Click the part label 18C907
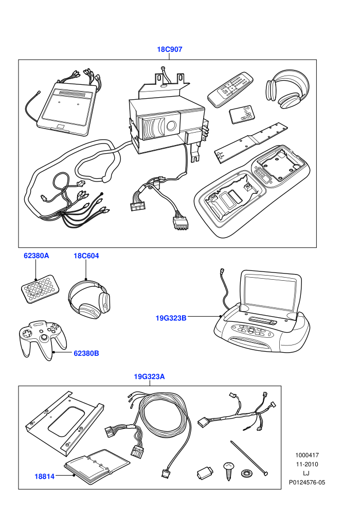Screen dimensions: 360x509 (x=169, y=49)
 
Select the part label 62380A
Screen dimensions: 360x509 (x=37, y=256)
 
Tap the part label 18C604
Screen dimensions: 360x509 (x=86, y=256)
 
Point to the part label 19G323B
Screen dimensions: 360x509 (x=171, y=318)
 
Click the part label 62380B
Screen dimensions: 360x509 (x=86, y=353)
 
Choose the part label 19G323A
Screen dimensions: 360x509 (x=149, y=376)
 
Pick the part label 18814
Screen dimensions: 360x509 (x=44, y=477)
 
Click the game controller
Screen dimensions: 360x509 (x=43, y=339)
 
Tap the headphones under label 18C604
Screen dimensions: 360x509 (x=89, y=298)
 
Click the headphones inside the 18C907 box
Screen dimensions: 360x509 (x=287, y=89)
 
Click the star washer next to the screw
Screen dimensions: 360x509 (x=246, y=474)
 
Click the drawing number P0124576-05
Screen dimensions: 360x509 (x=307, y=482)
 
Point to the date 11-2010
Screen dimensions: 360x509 (x=307, y=464)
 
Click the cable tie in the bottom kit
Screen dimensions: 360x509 (x=249, y=458)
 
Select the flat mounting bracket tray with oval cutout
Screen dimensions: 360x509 (x=64, y=423)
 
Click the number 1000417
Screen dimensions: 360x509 (x=307, y=455)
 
